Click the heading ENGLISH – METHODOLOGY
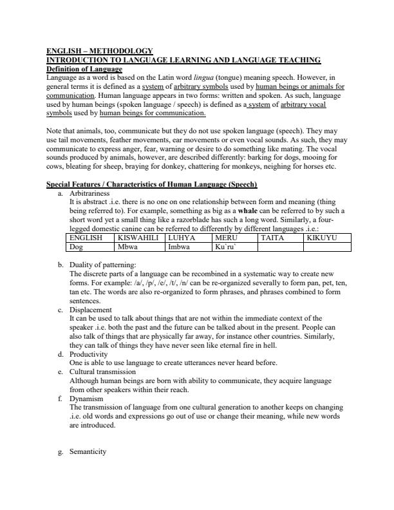click(100, 51)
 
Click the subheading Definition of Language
click(84, 68)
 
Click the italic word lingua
click(224, 77)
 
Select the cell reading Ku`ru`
click(227, 246)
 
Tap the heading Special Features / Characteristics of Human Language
click(152, 184)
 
